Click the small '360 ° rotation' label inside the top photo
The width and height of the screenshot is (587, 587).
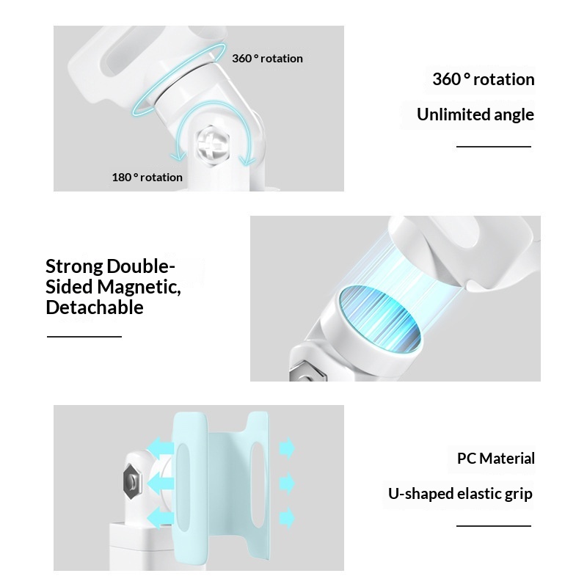267,59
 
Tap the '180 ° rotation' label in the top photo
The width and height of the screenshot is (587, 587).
147,177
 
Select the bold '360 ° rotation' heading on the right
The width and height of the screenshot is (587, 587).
483,79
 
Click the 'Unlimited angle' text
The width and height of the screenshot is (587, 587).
475,114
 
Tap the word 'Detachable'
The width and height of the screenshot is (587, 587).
94,307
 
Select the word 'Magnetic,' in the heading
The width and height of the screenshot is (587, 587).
139,287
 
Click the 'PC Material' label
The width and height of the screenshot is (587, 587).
496,459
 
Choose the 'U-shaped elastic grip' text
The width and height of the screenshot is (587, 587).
460,493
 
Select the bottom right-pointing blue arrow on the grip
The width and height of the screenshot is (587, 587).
286,516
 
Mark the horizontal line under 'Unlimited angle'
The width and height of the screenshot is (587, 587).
493,147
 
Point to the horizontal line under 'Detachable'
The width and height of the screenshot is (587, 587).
84,337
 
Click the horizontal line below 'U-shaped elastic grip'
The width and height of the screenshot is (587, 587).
493,526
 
